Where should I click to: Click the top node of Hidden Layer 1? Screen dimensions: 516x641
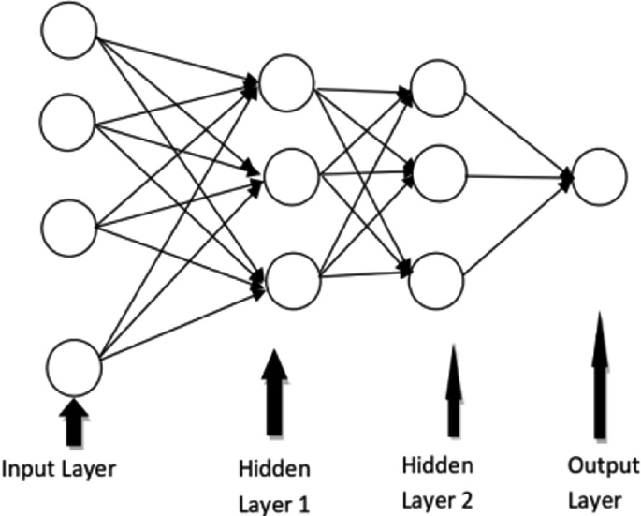click(286, 83)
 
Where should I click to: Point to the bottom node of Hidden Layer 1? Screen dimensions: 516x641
click(290, 278)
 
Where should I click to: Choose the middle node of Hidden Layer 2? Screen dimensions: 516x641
click(438, 171)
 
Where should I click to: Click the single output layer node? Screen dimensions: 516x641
click(599, 178)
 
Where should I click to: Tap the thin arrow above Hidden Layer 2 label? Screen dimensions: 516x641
click(454, 389)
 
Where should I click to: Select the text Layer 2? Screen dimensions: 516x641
click(436, 498)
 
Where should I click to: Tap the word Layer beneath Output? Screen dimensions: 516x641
click(600, 498)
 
